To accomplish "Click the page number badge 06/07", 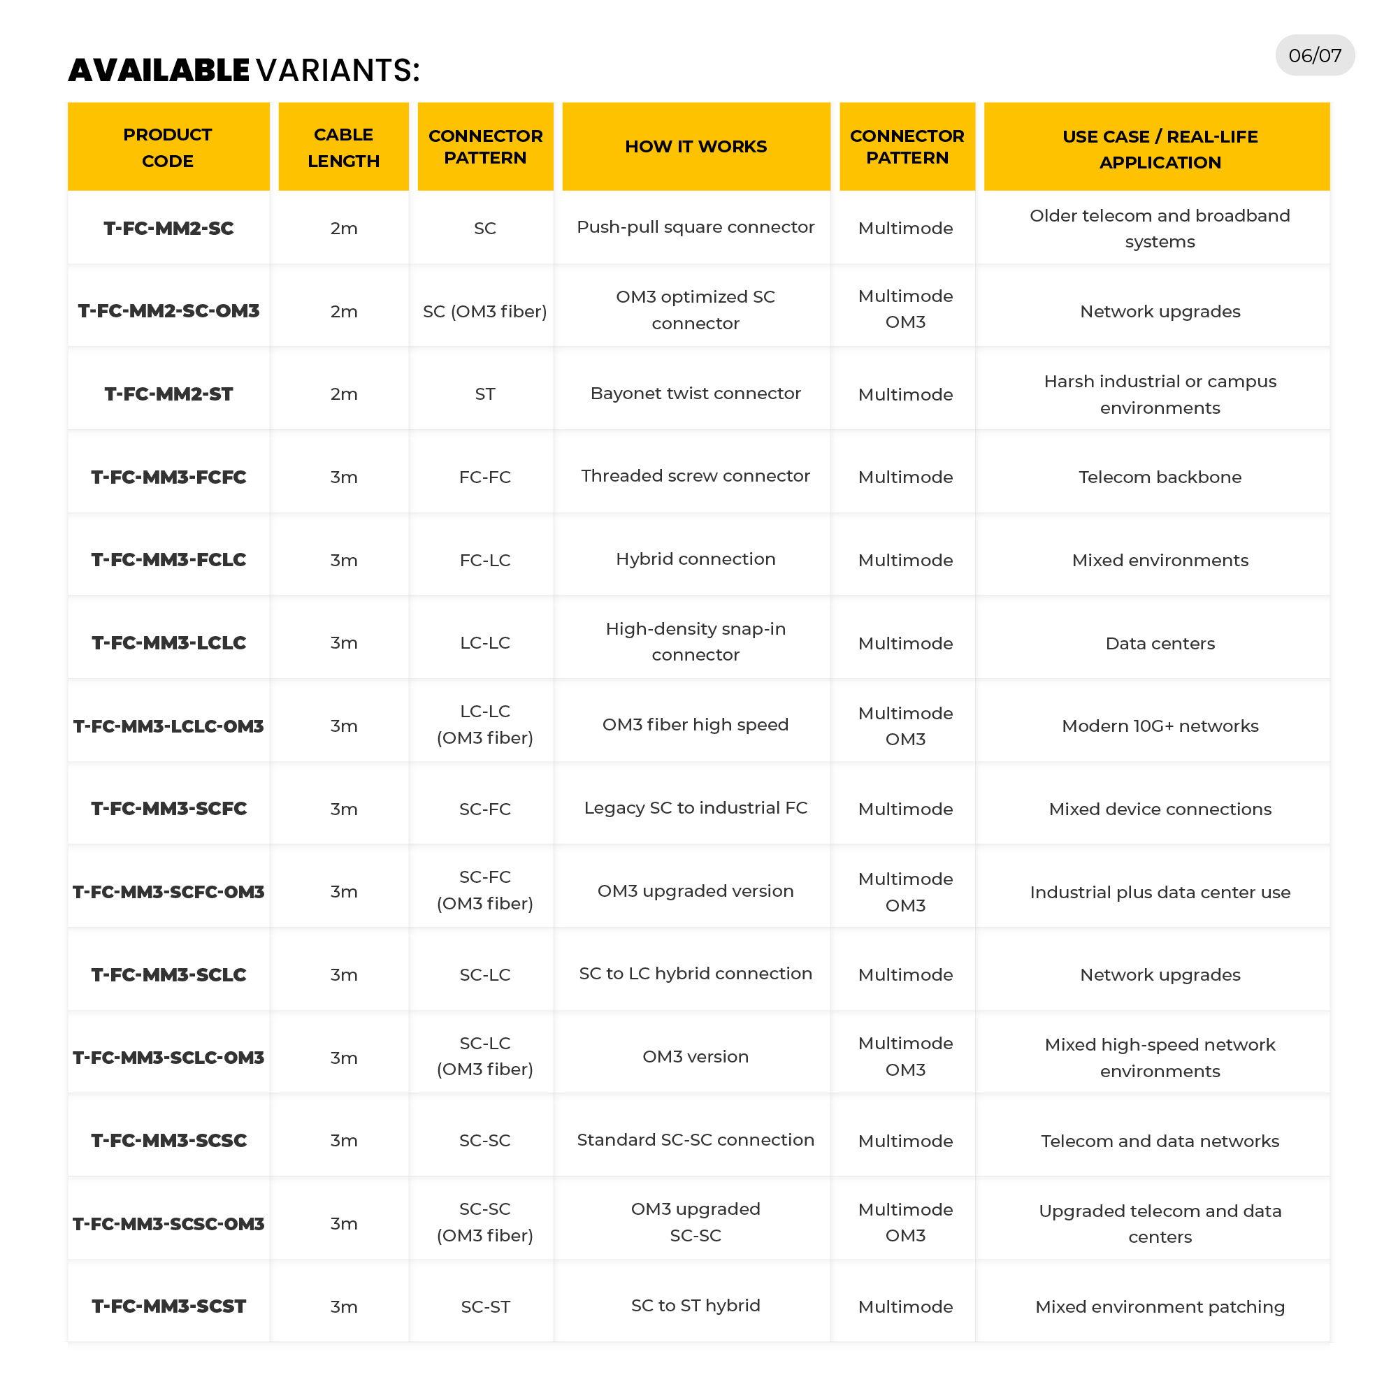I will [1314, 55].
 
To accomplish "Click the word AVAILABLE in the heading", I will [159, 70].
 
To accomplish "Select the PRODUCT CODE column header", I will [168, 147].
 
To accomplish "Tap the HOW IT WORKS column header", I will [696, 146].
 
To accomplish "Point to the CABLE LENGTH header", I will [343, 147].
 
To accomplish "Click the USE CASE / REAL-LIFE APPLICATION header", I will [1159, 148].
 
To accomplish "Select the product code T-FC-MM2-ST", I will [168, 394].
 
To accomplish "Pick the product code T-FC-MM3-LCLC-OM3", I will [168, 725].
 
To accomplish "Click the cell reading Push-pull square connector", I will [696, 227].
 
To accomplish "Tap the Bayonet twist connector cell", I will [696, 393].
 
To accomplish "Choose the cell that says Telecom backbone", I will [1159, 476].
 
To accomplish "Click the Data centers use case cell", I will [1159, 642].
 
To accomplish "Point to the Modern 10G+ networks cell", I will [1159, 725].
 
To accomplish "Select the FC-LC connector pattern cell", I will [485, 559].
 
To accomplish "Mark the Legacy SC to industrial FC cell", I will [696, 807].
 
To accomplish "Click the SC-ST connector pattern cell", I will [485, 1306].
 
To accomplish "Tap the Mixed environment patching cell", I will [1159, 1306].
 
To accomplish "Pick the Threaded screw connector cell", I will [696, 475].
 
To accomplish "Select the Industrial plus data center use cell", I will [1159, 891].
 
